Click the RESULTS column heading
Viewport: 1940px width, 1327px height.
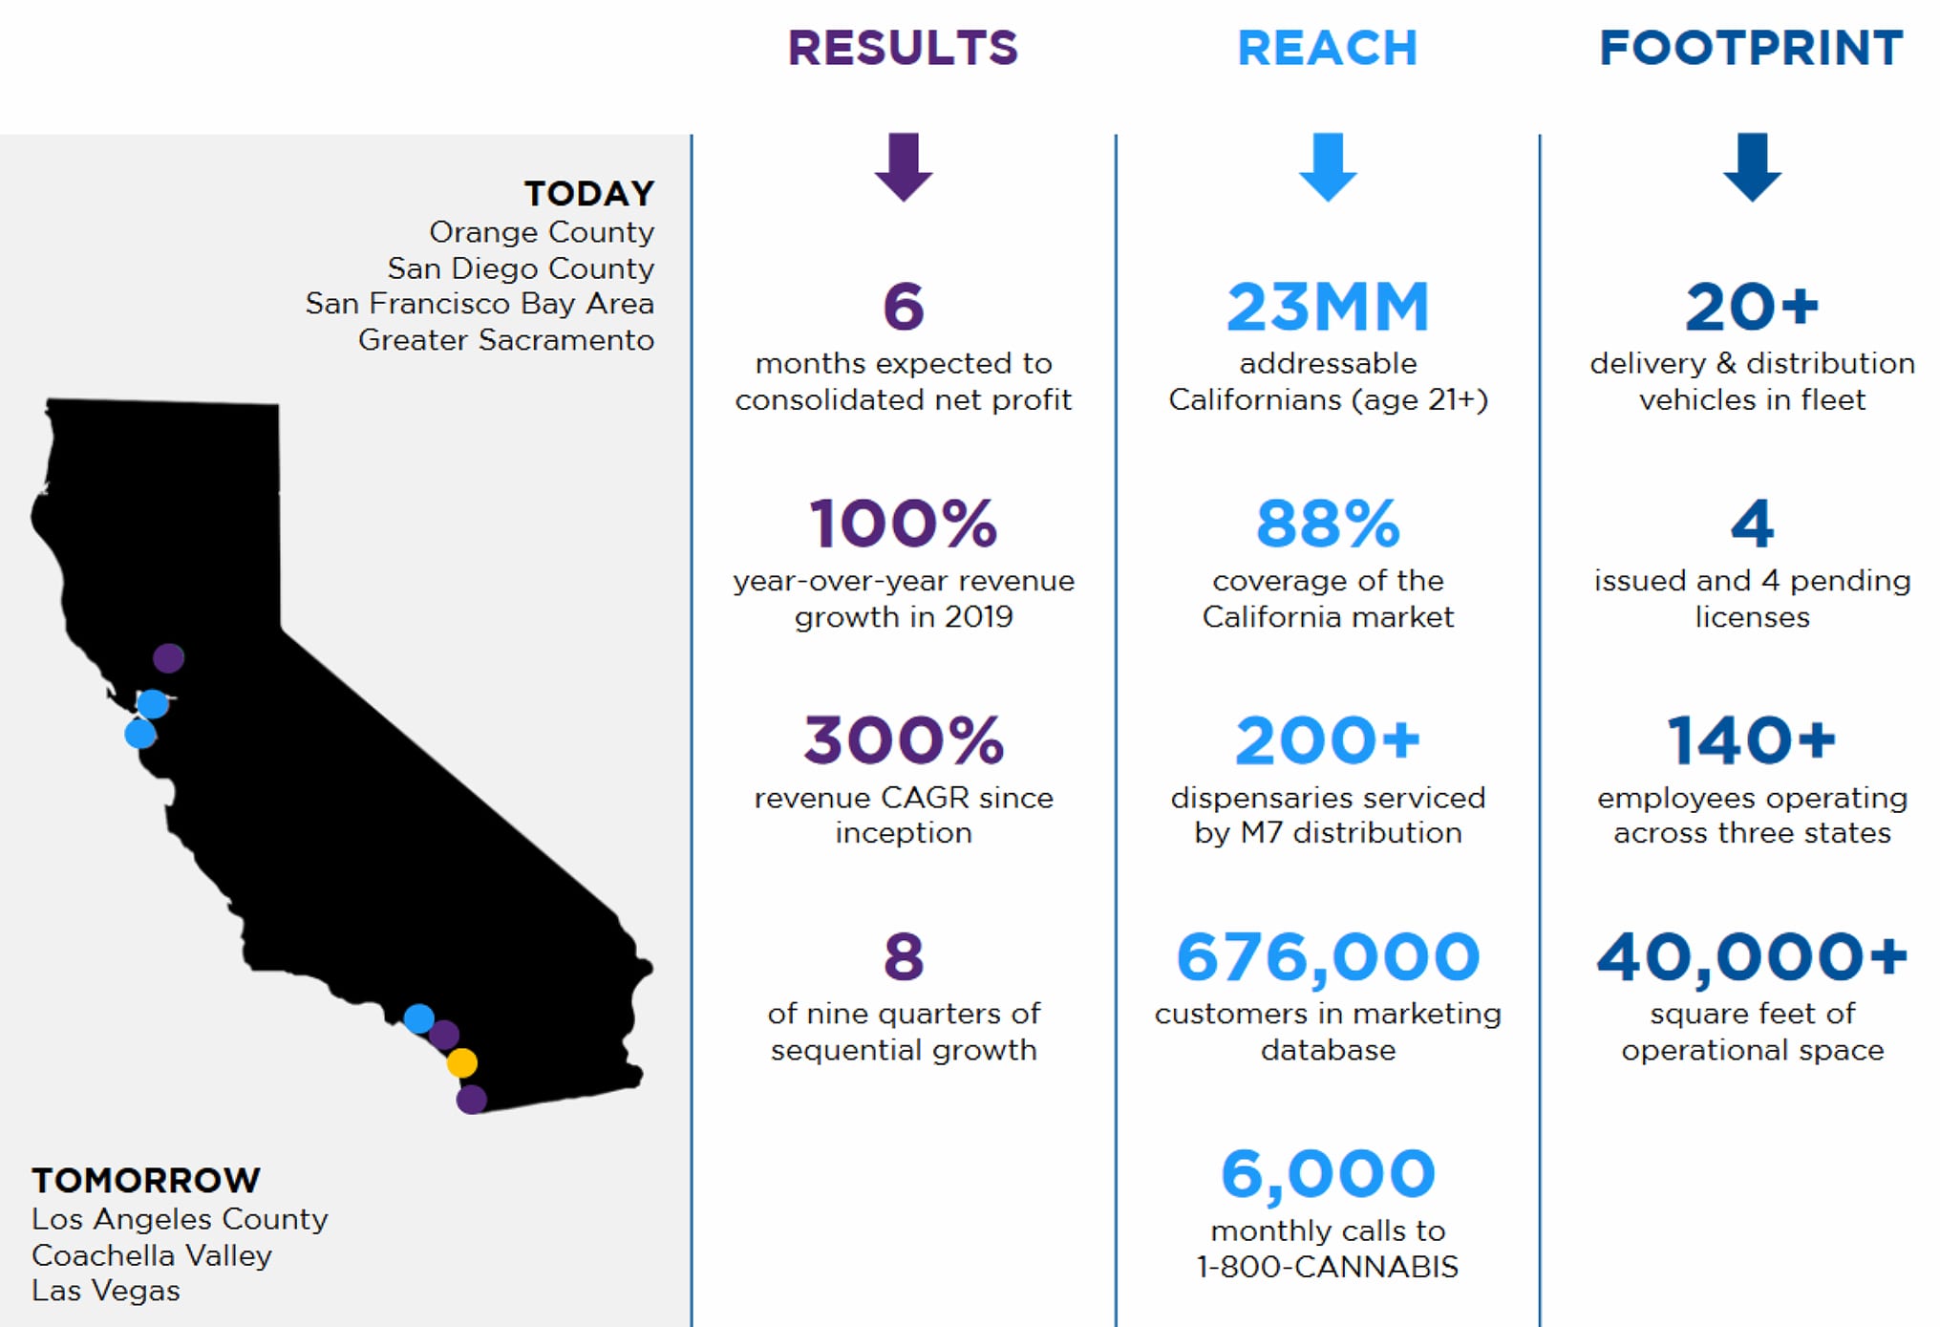(903, 48)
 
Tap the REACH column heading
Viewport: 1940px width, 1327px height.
(1327, 48)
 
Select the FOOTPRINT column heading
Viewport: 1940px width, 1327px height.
(1751, 48)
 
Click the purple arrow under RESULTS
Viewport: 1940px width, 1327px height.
(903, 166)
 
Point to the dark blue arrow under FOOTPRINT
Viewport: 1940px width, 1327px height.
(1751, 166)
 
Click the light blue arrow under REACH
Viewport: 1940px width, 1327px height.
(1327, 166)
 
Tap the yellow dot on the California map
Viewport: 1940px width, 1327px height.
(462, 1062)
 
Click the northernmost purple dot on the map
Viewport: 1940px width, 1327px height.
(169, 657)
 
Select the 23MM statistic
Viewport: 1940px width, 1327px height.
(1327, 307)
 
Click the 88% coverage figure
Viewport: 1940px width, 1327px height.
(1327, 524)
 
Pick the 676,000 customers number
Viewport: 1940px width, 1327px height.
(1327, 957)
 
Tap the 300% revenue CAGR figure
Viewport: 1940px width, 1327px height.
(903, 740)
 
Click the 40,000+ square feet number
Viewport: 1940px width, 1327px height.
(1751, 957)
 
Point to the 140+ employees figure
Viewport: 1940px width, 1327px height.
(1751, 740)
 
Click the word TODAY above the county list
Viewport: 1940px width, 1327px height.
(588, 194)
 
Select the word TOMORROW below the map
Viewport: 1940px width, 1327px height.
(146, 1180)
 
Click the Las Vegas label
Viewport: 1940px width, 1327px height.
(106, 1291)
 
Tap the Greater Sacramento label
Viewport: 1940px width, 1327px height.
(505, 340)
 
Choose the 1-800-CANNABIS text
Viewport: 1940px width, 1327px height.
(1327, 1267)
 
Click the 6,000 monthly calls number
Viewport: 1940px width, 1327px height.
(1327, 1173)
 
